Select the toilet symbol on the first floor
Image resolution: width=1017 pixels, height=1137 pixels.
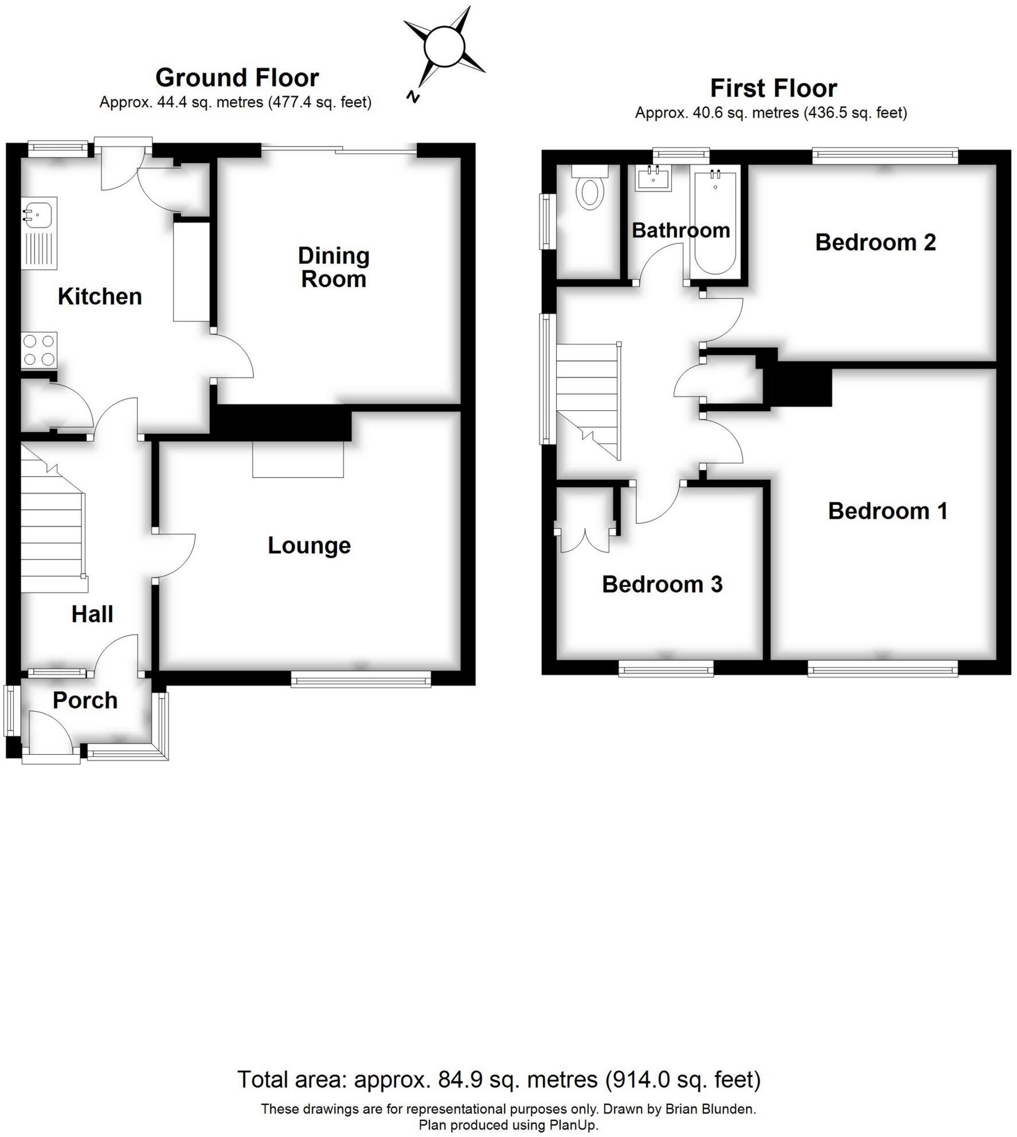(x=590, y=187)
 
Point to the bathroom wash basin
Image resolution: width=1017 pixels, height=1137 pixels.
(x=654, y=179)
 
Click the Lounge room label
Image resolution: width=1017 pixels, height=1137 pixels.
(x=309, y=546)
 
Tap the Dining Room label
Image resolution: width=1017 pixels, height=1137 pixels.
(x=334, y=268)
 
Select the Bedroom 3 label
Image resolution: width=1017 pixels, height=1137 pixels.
(x=662, y=585)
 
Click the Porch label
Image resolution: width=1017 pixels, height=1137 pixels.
(x=85, y=700)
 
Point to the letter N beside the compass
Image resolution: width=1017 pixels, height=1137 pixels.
(x=412, y=96)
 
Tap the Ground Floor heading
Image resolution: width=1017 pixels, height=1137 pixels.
(x=237, y=77)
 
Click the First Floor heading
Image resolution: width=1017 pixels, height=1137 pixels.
(x=773, y=88)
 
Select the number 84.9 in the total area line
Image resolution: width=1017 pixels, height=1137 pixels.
(x=457, y=1080)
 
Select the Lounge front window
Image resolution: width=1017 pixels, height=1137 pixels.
(x=361, y=680)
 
